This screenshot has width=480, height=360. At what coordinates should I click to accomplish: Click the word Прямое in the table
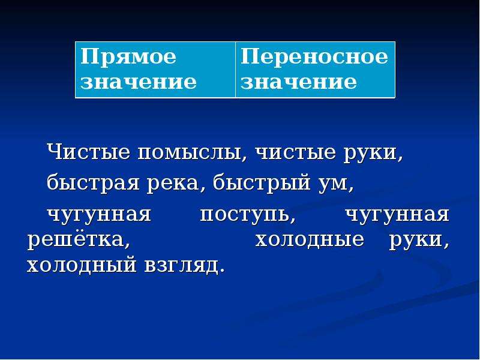128,57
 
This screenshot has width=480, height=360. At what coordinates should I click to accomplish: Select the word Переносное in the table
314,56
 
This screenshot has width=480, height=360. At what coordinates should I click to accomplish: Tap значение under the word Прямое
139,82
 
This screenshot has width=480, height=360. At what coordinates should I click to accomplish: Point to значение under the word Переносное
298,82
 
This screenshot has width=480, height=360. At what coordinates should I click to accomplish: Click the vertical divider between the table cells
235,70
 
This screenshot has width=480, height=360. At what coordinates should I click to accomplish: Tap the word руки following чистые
373,153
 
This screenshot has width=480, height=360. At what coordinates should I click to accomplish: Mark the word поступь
248,215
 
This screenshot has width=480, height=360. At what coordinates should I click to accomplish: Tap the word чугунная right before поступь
99,215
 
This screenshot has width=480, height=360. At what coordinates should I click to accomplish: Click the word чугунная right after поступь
397,215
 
